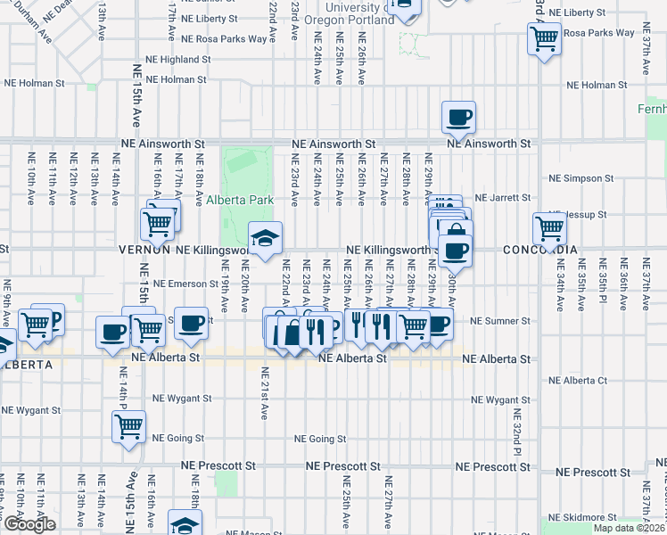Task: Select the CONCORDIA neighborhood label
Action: (539, 250)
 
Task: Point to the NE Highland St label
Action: (179, 60)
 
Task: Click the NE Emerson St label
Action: (185, 284)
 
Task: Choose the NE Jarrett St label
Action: (502, 197)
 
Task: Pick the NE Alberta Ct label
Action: (578, 380)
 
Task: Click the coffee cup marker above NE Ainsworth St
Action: (458, 117)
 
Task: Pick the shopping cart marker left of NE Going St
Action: (128, 427)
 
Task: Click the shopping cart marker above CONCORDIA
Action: (549, 228)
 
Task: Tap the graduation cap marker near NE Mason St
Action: (185, 524)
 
